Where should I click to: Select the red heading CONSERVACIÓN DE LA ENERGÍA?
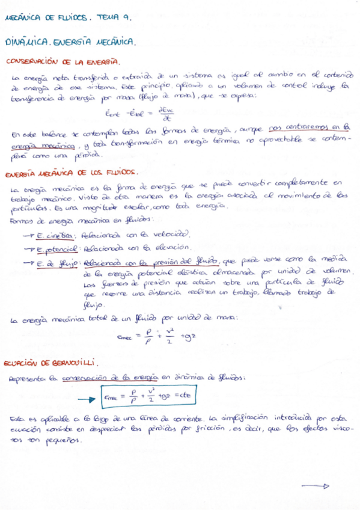(x=62, y=62)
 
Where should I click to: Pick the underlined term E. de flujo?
(x=58, y=262)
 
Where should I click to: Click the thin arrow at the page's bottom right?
(x=315, y=486)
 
